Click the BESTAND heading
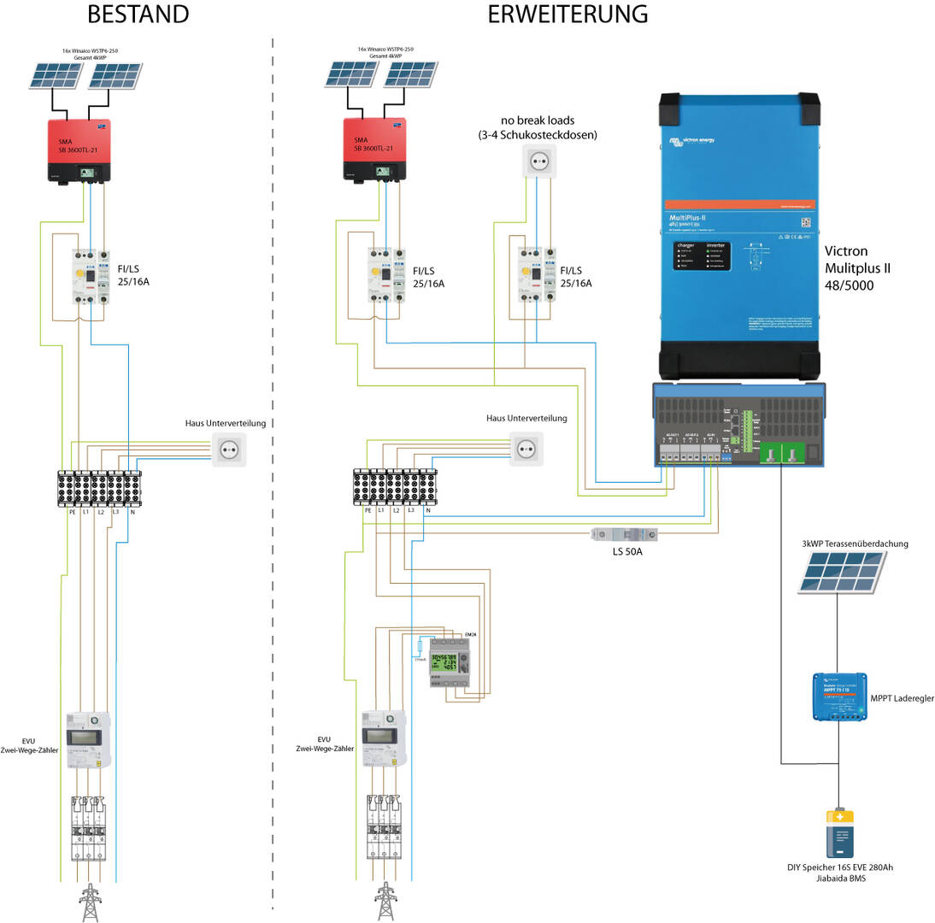coord(138,15)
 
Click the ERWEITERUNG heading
coord(567,15)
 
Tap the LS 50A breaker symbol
coord(624,534)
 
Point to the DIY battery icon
coord(839,834)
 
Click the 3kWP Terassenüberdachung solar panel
coord(841,572)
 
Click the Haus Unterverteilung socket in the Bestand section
coord(228,450)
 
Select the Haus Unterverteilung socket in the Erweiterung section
coord(526,449)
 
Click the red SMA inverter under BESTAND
coord(79,150)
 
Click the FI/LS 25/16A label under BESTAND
coord(133,277)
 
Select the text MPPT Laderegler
coord(902,698)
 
